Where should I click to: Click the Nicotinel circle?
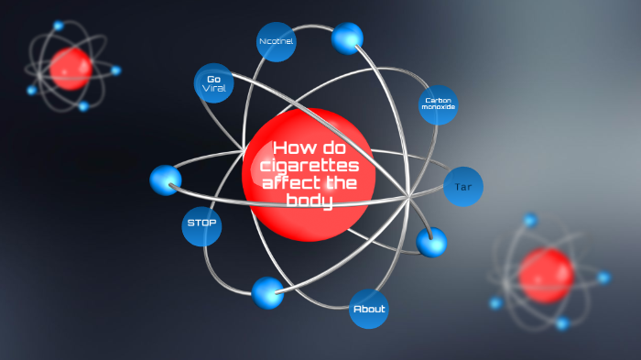click(x=276, y=42)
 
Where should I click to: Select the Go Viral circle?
click(x=214, y=83)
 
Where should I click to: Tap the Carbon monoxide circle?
click(x=438, y=104)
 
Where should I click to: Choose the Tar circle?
click(x=462, y=187)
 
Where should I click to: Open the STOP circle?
click(x=201, y=223)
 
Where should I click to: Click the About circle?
click(x=369, y=309)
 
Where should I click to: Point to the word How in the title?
click(x=293, y=148)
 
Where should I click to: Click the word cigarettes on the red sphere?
click(x=309, y=166)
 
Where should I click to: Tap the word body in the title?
click(x=309, y=201)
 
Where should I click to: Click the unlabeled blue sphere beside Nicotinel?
click(x=347, y=38)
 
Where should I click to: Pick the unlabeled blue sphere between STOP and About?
click(x=267, y=292)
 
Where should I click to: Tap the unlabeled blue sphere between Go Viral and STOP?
click(x=166, y=180)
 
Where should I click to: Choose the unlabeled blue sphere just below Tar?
click(x=430, y=242)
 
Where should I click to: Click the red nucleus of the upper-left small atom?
click(x=71, y=69)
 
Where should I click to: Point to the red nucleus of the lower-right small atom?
click(x=546, y=275)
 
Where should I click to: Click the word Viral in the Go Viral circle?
click(x=214, y=89)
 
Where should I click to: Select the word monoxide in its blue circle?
click(x=438, y=107)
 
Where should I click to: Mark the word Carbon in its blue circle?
click(x=438, y=99)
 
